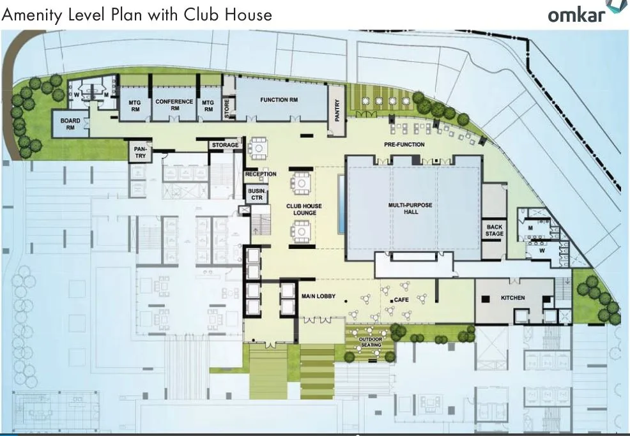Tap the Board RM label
pos(70,124)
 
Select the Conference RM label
pos(174,105)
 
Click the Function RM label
pos(279,100)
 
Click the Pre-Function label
pos(404,144)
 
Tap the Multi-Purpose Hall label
pos(411,208)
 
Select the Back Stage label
pos(495,230)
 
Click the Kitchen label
pos(512,298)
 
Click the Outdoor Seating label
pos(370,342)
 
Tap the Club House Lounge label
pos(303,209)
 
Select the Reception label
pos(261,174)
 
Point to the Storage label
pos(225,145)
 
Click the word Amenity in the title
pos(33,14)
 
